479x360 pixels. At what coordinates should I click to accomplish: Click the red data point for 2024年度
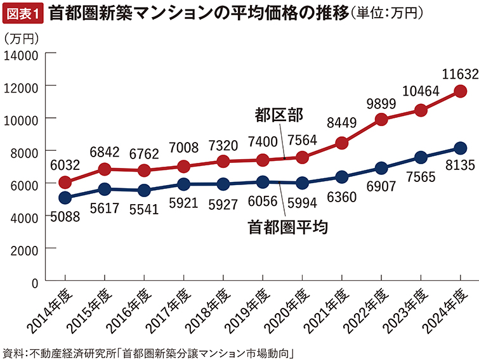(x=461, y=91)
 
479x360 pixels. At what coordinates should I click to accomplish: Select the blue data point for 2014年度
(x=64, y=198)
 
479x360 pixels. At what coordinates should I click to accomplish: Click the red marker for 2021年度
(x=341, y=143)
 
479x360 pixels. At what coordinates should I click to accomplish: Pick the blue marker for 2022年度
(x=381, y=168)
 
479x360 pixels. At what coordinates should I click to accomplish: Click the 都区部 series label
(x=279, y=115)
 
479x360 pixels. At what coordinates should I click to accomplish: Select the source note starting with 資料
(x=150, y=350)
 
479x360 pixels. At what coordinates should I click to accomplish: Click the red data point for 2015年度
(x=104, y=169)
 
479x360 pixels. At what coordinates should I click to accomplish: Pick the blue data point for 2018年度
(x=223, y=184)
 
